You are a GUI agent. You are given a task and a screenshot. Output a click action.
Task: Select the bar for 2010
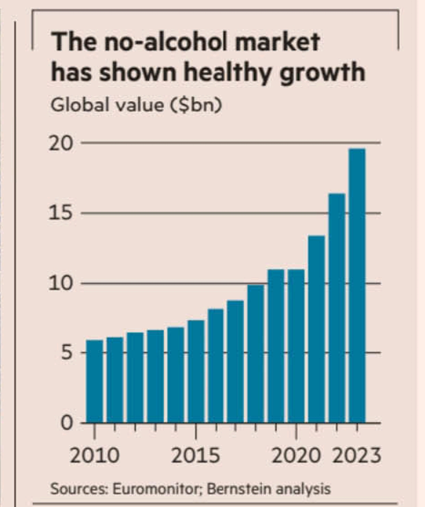[95, 381]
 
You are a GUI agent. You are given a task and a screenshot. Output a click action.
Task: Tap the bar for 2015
[196, 371]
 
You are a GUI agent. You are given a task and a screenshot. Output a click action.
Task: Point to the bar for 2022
[337, 308]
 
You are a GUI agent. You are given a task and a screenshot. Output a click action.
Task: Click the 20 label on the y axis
[61, 144]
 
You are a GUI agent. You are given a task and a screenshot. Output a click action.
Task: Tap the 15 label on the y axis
[61, 213]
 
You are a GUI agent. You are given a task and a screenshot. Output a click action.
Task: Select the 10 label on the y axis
[61, 283]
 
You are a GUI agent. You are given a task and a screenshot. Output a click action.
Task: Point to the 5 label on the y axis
[67, 353]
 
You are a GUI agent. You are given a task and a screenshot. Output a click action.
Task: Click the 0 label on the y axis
[67, 423]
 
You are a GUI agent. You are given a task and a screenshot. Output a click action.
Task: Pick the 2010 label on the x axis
[95, 456]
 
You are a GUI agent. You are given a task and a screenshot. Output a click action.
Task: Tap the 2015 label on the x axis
[195, 456]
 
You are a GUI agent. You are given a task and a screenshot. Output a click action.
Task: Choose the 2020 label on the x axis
[296, 456]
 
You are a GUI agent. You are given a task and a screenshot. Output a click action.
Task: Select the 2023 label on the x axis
[357, 456]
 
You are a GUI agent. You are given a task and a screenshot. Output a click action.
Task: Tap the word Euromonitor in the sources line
[158, 489]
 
